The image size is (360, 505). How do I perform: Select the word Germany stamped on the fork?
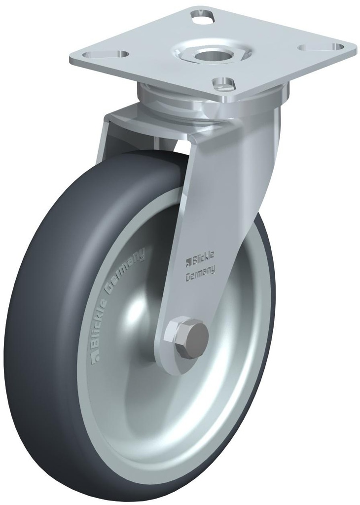(199, 276)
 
